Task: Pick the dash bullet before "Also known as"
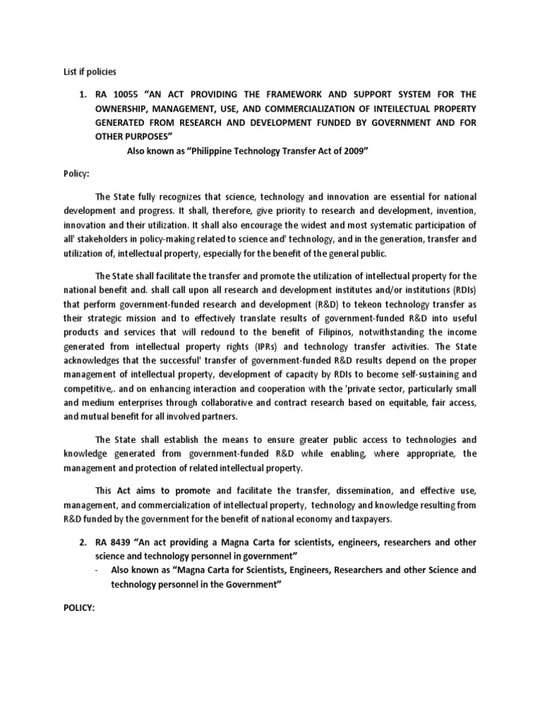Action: (95, 570)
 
